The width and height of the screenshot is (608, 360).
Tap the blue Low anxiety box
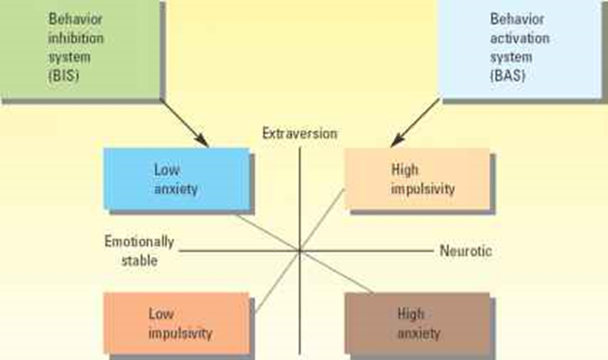pos(176,179)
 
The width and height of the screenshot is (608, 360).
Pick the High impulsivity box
pos(418,179)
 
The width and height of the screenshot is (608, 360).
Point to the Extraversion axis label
pos(299,133)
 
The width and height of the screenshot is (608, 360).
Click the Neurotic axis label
pos(466,251)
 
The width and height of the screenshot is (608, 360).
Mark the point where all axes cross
pos(300,250)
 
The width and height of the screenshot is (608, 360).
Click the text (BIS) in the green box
pos(63,74)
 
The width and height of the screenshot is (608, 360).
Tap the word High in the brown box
pos(410,314)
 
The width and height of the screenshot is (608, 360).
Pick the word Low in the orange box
pos(161,314)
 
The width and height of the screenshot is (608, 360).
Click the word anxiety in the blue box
pos(175,190)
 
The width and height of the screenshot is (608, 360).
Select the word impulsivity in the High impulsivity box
pos(423,190)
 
